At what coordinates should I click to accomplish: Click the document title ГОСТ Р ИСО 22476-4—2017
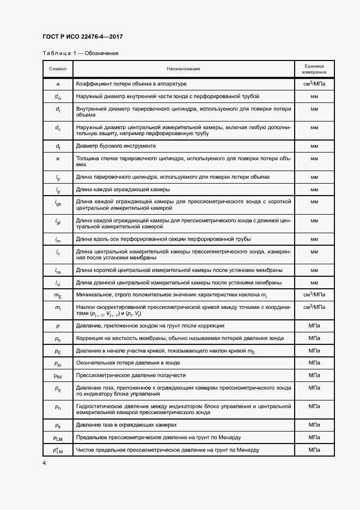click(x=82, y=37)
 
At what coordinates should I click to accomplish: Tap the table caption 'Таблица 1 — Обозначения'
click(x=80, y=53)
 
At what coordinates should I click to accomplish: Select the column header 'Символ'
click(x=58, y=69)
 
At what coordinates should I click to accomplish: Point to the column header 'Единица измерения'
click(x=314, y=69)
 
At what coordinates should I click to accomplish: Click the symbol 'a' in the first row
click(x=58, y=84)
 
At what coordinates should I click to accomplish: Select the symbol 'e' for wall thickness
click(x=58, y=158)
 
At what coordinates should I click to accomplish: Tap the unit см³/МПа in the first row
click(x=314, y=84)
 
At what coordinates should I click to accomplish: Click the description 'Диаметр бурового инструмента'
click(x=116, y=146)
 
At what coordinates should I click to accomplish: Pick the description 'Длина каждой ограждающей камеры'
click(x=123, y=189)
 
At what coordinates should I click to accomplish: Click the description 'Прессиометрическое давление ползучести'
click(x=131, y=375)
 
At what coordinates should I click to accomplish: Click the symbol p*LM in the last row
click(x=58, y=450)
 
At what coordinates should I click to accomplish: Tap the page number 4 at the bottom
click(x=44, y=463)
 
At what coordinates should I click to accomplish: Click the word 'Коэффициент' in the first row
click(x=95, y=84)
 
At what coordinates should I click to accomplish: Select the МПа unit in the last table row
click(x=314, y=450)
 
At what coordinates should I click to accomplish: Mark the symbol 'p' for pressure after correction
click(x=58, y=325)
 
